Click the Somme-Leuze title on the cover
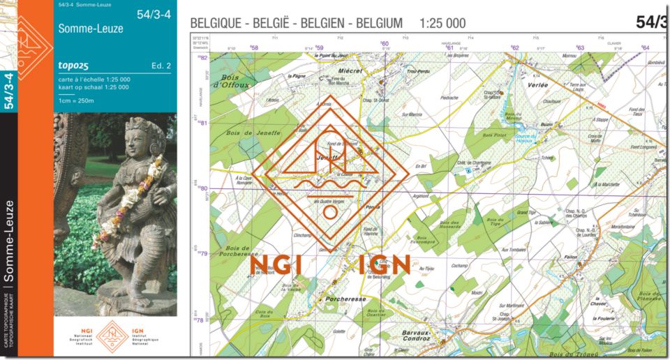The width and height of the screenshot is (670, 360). [91, 29]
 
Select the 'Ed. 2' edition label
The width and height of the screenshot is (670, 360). [161, 66]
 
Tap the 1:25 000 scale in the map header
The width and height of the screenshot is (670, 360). [442, 23]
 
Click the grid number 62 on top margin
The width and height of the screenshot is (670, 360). [515, 47]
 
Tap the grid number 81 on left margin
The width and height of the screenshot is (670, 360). [204, 123]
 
